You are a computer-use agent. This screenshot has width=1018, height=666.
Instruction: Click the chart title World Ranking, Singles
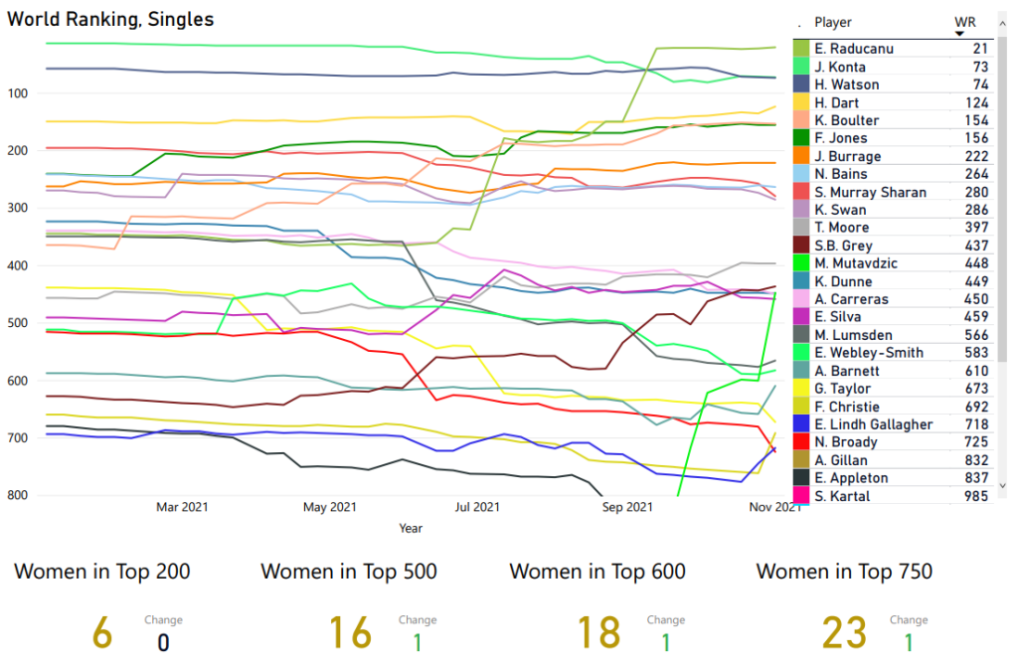110,19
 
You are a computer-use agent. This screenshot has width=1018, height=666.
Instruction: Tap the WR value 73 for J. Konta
980,67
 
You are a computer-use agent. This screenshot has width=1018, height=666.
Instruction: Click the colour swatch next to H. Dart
801,102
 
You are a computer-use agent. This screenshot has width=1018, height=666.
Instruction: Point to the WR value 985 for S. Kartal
975,496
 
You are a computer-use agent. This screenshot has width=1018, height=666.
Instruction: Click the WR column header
964,22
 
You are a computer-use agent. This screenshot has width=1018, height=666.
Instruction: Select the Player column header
833,22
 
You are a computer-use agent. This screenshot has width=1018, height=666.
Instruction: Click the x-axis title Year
411,528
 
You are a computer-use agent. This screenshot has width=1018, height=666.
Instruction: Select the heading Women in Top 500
349,572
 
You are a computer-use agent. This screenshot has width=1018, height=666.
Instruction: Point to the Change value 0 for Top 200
163,642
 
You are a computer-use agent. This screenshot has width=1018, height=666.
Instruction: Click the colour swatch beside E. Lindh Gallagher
801,424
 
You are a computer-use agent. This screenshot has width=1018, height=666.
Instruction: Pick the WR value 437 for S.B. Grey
975,246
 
